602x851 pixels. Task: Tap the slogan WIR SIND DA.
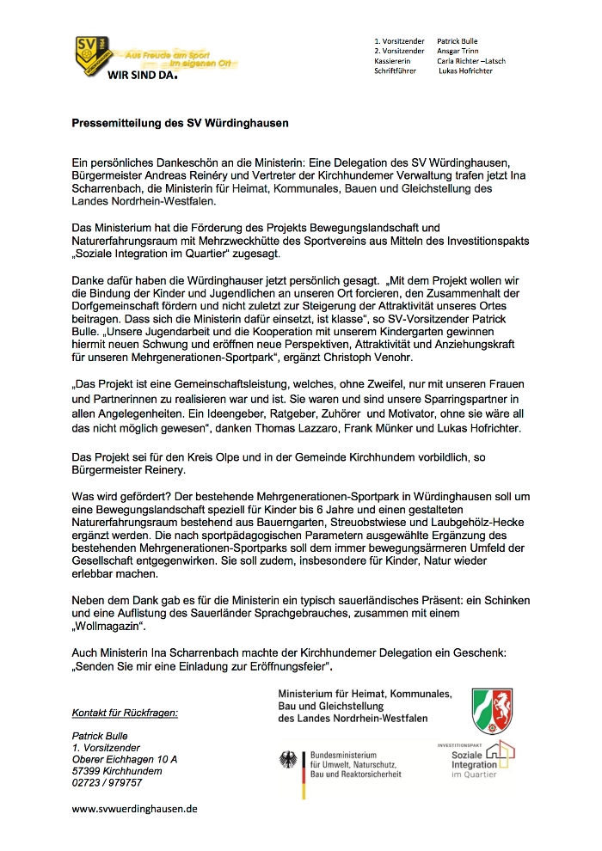click(142, 75)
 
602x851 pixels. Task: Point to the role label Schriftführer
click(396, 71)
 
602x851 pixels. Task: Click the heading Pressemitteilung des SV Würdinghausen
click(180, 123)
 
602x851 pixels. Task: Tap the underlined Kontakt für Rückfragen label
click(125, 713)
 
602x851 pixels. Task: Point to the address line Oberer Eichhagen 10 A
click(125, 759)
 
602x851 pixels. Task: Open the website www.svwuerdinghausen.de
click(135, 809)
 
